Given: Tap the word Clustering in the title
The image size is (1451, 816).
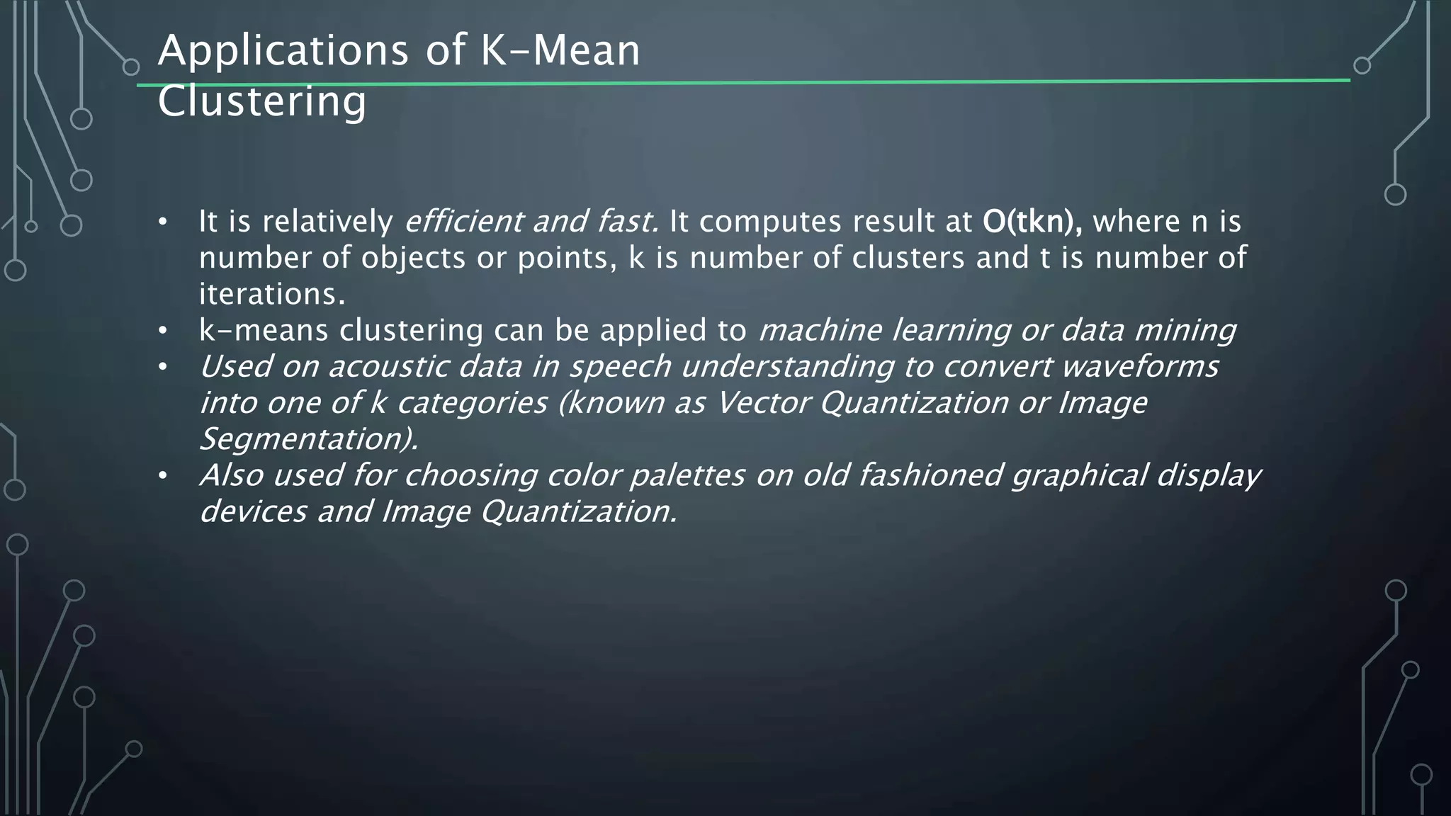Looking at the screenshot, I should click(x=262, y=101).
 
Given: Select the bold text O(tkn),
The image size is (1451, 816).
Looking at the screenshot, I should click(x=1032, y=222).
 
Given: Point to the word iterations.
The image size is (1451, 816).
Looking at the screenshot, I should click(x=271, y=294).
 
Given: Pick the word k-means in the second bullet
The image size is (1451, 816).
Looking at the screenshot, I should click(x=264, y=330).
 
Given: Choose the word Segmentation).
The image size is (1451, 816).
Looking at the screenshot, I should click(x=309, y=439).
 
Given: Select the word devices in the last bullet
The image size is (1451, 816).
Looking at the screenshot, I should click(x=253, y=511).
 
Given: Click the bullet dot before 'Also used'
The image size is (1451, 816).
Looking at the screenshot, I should click(x=163, y=476).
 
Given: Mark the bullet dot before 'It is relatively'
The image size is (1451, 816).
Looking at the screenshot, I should click(x=163, y=222).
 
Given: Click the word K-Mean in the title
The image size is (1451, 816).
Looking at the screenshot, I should click(x=560, y=52).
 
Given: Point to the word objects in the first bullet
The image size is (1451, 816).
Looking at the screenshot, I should click(x=413, y=258).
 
